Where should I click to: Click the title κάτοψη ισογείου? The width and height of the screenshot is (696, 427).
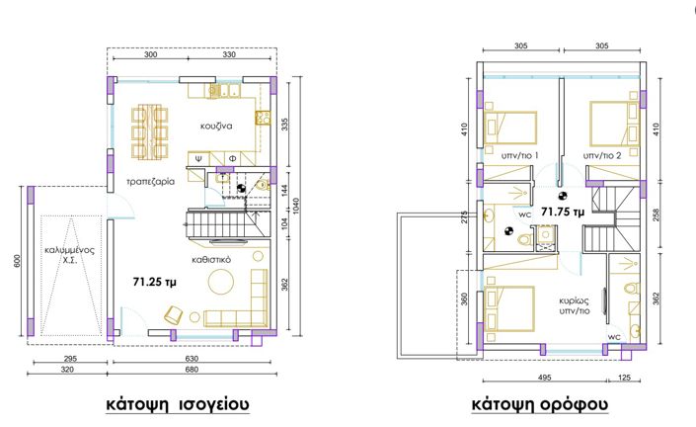pyautogui.click(x=178, y=404)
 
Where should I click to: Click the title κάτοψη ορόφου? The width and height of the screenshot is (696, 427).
pyautogui.click(x=539, y=404)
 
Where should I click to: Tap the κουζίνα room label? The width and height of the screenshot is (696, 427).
pyautogui.click(x=216, y=126)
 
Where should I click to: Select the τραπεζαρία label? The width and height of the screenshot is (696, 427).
pyautogui.click(x=150, y=181)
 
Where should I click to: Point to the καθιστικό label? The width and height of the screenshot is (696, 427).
pyautogui.click(x=211, y=260)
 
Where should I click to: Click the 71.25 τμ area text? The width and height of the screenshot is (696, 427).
pyautogui.click(x=154, y=282)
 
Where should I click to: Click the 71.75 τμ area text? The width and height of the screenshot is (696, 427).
pyautogui.click(x=563, y=212)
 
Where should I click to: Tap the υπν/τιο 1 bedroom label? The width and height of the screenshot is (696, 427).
pyautogui.click(x=520, y=155)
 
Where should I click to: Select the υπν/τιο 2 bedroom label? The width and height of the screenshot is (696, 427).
pyautogui.click(x=602, y=155)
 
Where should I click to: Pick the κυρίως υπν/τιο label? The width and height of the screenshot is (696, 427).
pyautogui.click(x=575, y=305)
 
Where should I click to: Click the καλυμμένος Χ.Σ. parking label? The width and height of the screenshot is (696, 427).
pyautogui.click(x=70, y=255)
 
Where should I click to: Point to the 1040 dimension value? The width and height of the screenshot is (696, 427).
pyautogui.click(x=296, y=206)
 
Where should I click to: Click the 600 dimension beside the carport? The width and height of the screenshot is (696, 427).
pyautogui.click(x=18, y=261)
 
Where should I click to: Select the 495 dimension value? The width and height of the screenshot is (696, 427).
pyautogui.click(x=544, y=378)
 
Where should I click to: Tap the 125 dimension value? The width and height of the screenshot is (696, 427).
pyautogui.click(x=624, y=378)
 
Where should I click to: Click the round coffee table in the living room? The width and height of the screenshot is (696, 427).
pyautogui.click(x=220, y=282)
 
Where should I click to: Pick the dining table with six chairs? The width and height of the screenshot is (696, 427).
pyautogui.click(x=150, y=132)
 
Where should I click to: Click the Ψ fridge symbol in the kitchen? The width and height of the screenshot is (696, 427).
pyautogui.click(x=199, y=158)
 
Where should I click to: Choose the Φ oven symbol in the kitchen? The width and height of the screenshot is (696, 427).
pyautogui.click(x=232, y=158)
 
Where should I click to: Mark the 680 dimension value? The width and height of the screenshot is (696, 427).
pyautogui.click(x=192, y=370)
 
